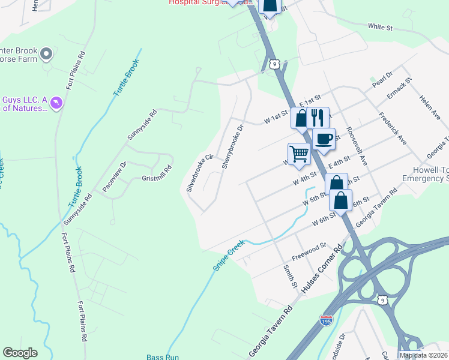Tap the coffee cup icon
coord(324,139)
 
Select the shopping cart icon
coord(298,154)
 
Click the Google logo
coord(20,353)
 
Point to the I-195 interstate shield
coord(326,322)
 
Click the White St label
coord(380,27)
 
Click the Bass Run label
coord(163,357)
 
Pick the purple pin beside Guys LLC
coord(56,103)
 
